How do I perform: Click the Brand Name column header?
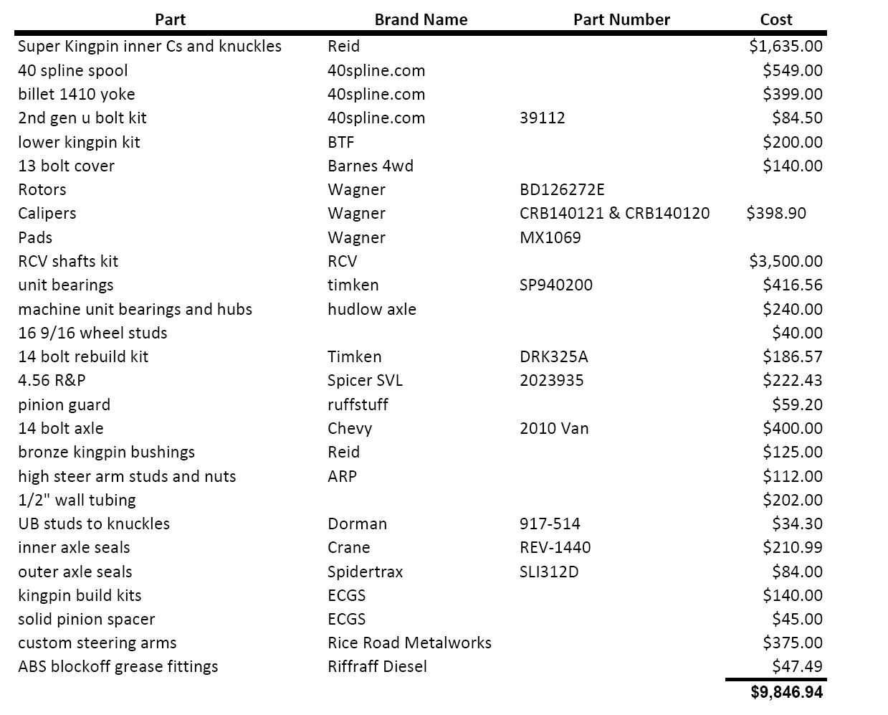[x=421, y=20]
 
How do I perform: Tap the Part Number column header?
[x=621, y=20]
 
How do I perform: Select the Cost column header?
[x=776, y=20]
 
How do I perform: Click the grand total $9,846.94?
[x=786, y=692]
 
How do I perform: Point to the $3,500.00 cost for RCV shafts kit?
[x=786, y=261]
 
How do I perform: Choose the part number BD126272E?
[x=562, y=189]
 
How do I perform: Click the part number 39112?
[x=542, y=118]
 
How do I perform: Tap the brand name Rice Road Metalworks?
[x=409, y=643]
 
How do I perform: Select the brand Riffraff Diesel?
[x=377, y=666]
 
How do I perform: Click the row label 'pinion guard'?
[x=65, y=404]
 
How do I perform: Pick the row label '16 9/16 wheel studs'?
[x=92, y=333]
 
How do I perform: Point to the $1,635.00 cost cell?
[x=786, y=46]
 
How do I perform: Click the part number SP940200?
[x=556, y=285]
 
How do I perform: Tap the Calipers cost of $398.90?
[x=776, y=213]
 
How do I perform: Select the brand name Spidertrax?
[x=365, y=572]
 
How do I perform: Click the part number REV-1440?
[x=555, y=547]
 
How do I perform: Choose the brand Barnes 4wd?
[x=371, y=166]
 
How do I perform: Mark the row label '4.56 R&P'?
[x=52, y=380]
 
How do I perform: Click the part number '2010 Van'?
[x=554, y=428]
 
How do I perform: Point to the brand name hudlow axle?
[x=372, y=309]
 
